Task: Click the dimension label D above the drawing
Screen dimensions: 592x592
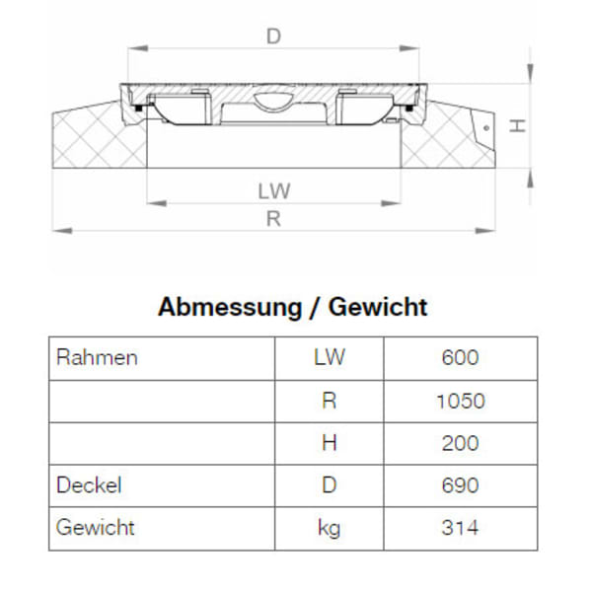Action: [274, 37]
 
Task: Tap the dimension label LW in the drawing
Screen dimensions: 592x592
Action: [274, 189]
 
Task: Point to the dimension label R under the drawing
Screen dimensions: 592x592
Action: [274, 219]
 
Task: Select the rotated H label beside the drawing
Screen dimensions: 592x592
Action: [515, 125]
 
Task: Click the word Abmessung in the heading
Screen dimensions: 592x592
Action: [226, 307]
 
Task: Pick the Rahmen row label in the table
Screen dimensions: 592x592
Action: [97, 357]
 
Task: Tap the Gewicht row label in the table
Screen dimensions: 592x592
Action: [96, 528]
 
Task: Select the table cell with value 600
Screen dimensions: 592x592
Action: [460, 357]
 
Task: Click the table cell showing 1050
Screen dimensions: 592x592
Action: [460, 401]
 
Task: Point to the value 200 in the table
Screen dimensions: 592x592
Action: [460, 443]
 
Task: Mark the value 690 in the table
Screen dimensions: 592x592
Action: [460, 485]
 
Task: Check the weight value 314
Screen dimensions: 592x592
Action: [460, 528]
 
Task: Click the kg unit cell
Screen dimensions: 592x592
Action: [329, 528]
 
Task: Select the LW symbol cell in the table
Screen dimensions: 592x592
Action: [329, 357]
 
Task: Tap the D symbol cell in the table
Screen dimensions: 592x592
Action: [329, 485]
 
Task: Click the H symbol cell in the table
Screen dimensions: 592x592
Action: [329, 443]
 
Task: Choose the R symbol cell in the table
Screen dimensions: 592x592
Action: [329, 401]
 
